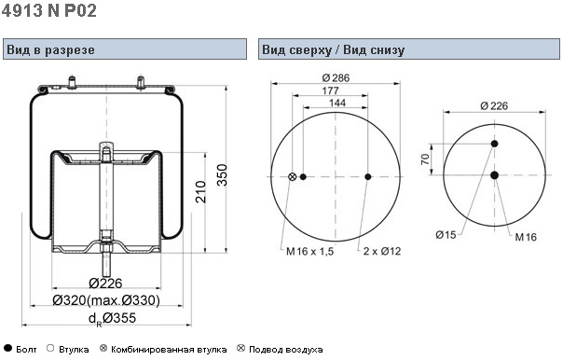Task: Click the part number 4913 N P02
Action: pyautogui.click(x=49, y=10)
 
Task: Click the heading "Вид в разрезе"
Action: pyautogui.click(x=50, y=49)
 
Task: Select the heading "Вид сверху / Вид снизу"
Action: pyautogui.click(x=333, y=49)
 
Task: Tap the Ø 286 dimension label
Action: pyautogui.click(x=336, y=77)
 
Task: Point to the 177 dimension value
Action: pyautogui.click(x=330, y=90)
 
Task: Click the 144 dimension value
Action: pyautogui.click(x=337, y=103)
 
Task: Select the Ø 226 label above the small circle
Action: pyautogui.click(x=494, y=105)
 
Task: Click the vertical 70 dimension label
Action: pyautogui.click(x=425, y=159)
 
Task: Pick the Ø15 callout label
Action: pyautogui.click(x=446, y=235)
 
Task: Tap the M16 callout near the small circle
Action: pyautogui.click(x=526, y=237)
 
